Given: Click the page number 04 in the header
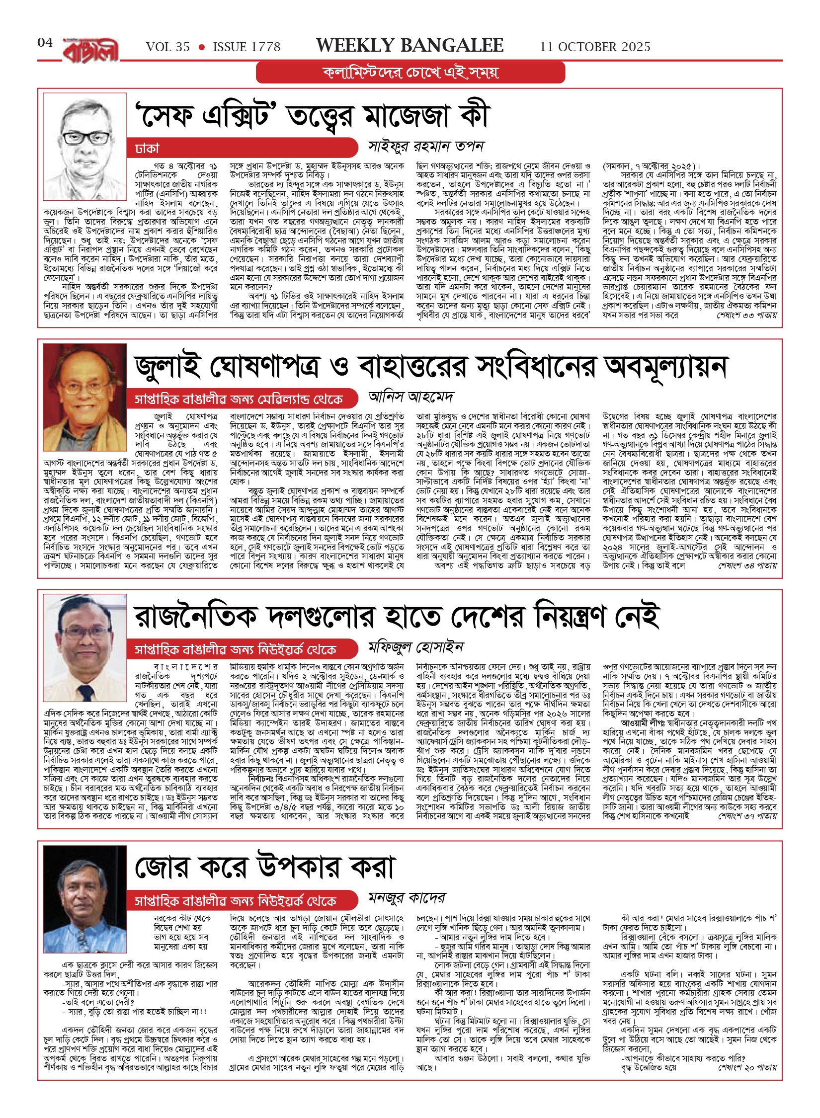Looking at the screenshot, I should pyautogui.click(x=45, y=43).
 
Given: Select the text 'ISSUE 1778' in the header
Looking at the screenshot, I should pyautogui.click(x=246, y=47).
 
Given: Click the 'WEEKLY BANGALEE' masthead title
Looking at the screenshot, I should pyautogui.click(x=410, y=46).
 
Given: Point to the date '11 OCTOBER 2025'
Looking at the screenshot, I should pyautogui.click(x=595, y=47).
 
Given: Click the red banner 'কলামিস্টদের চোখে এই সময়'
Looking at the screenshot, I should pyautogui.click(x=410, y=73).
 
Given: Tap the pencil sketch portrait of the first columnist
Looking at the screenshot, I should pyautogui.click(x=85, y=146).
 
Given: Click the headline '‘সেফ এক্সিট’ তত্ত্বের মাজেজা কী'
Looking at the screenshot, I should pyautogui.click(x=313, y=116).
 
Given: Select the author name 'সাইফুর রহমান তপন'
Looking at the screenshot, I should pyautogui.click(x=426, y=146).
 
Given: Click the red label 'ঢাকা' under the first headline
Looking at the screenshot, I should pyautogui.click(x=148, y=148).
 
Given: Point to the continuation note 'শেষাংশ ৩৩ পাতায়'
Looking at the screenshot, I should pyautogui.click(x=746, y=315).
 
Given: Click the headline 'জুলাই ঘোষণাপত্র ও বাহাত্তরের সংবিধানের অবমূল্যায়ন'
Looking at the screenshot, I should pyautogui.click(x=430, y=367).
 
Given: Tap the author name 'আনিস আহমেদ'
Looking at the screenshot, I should pyautogui.click(x=411, y=397).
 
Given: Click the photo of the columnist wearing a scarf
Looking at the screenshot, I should pyautogui.click(x=85, y=397).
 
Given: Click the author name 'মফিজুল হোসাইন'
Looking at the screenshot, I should pyautogui.click(x=415, y=647).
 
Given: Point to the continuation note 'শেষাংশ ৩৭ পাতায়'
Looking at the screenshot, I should pyautogui.click(x=746, y=816).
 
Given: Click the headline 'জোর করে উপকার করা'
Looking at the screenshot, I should pyautogui.click(x=265, y=868).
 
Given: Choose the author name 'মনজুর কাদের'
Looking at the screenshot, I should pyautogui.click(x=407, y=897).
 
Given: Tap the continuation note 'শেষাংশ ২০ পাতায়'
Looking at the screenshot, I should pyautogui.click(x=746, y=1067).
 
